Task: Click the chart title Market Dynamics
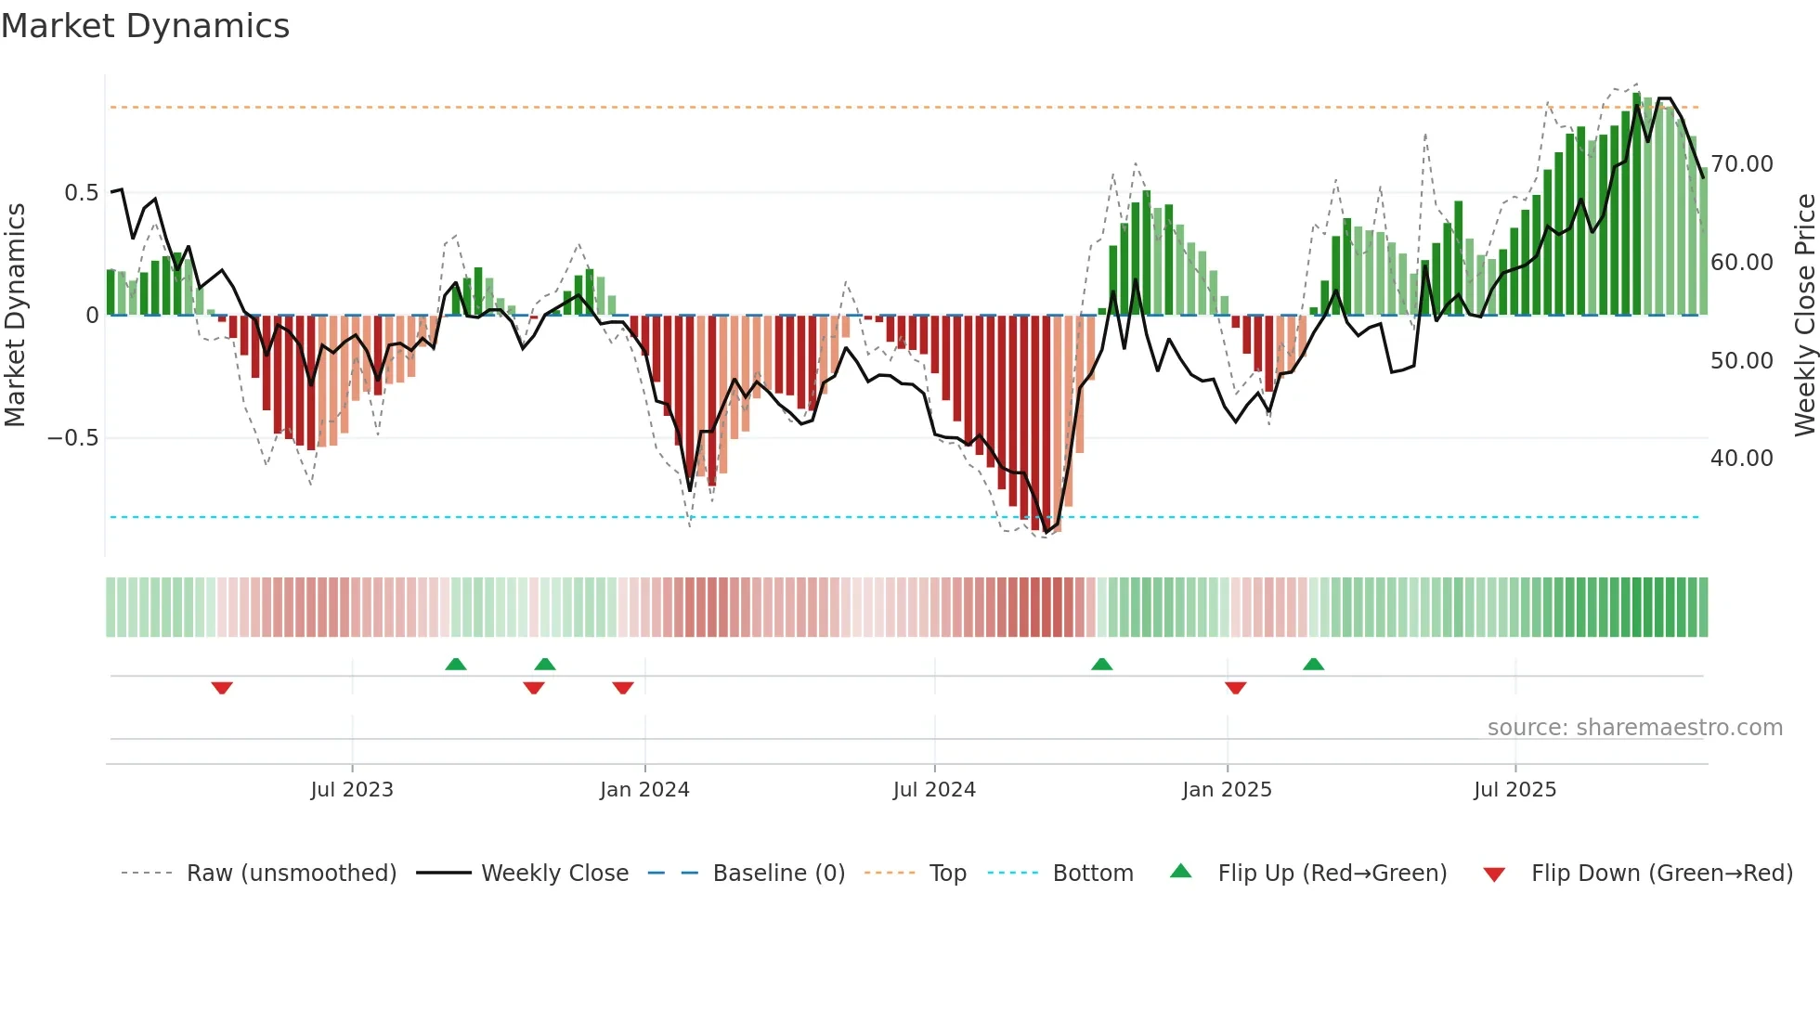(145, 26)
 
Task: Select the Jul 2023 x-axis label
(352, 790)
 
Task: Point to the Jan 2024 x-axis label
(644, 790)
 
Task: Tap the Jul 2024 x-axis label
(934, 790)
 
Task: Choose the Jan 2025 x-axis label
(1227, 790)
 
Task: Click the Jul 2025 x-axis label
(1514, 790)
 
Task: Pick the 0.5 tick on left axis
(81, 193)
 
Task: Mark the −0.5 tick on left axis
(73, 438)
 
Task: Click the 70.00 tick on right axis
(1741, 164)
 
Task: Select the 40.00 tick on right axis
(1741, 459)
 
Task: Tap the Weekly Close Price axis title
(1804, 316)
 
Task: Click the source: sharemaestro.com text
(1634, 728)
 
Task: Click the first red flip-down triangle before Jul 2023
(222, 688)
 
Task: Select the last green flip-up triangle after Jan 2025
(1313, 664)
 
